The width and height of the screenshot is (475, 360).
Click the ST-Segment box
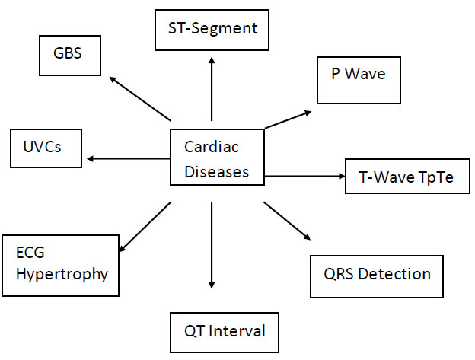(x=212, y=30)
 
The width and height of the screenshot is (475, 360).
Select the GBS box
(x=70, y=56)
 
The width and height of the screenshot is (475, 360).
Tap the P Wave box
(x=359, y=80)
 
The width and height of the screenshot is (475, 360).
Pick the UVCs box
(x=46, y=148)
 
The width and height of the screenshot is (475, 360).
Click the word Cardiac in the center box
(x=212, y=147)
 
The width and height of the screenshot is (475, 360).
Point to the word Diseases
(x=217, y=172)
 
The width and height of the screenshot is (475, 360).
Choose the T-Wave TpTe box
(x=408, y=177)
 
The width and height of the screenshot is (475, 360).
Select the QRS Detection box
(x=377, y=277)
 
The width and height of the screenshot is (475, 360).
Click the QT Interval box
(x=225, y=333)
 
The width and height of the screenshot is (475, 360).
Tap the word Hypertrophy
(x=62, y=274)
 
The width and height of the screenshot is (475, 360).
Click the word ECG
(x=30, y=253)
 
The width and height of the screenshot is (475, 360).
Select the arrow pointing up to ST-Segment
(x=212, y=89)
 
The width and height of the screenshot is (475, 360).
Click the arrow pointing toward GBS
(x=140, y=99)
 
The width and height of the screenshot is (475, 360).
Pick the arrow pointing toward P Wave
(x=288, y=119)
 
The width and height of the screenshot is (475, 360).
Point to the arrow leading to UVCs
(x=129, y=158)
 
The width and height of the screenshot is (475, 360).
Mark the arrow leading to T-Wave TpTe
(x=304, y=176)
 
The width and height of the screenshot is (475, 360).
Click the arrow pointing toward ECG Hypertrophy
(x=145, y=227)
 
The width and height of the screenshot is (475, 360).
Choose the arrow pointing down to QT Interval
(x=212, y=245)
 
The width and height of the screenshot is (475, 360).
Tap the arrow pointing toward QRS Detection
(x=287, y=221)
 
